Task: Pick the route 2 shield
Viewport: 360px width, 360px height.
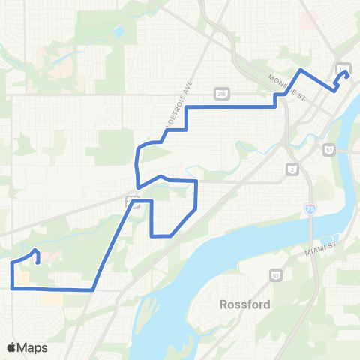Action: tap(292, 170)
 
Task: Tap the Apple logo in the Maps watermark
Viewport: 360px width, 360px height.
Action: tap(11, 347)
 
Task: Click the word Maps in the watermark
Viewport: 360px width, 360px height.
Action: tap(33, 347)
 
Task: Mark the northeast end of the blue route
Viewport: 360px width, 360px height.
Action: tap(346, 73)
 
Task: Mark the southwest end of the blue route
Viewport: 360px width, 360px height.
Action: tap(37, 262)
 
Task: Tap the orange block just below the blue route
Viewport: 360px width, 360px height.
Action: tap(52, 298)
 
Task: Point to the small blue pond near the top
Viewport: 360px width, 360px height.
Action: tap(118, 32)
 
